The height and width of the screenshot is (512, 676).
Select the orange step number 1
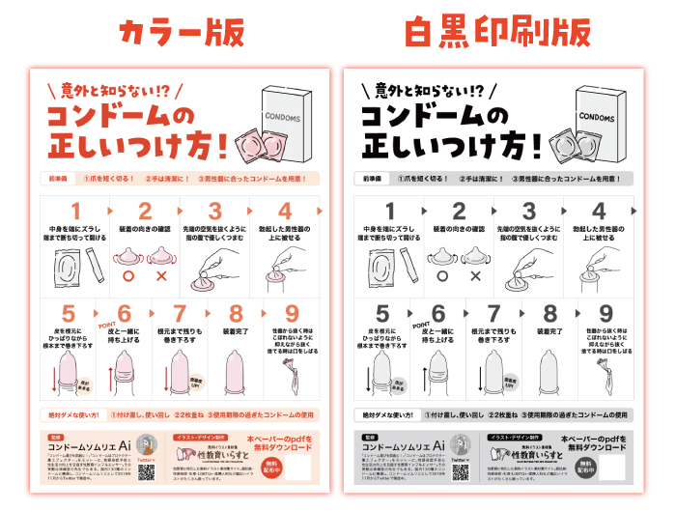pyautogui.click(x=74, y=212)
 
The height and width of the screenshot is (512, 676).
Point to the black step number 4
pyautogui.click(x=599, y=212)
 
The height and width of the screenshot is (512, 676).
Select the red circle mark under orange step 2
pyautogui.click(x=130, y=276)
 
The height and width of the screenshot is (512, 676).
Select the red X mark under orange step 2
pyautogui.click(x=160, y=276)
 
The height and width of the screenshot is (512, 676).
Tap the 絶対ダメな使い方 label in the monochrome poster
pyautogui.click(x=383, y=414)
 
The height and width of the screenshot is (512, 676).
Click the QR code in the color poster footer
pyautogui.click(x=148, y=471)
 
